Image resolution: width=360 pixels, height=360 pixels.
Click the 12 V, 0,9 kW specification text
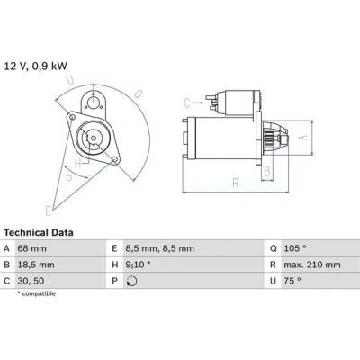[35, 66]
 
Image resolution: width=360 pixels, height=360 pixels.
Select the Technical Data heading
[39, 232]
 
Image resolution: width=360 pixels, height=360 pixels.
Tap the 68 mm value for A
[32, 248]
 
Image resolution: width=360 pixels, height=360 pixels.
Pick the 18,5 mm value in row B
[36, 265]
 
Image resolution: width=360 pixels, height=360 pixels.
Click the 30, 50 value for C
[31, 281]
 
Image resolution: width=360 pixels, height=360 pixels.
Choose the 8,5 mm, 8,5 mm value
[160, 248]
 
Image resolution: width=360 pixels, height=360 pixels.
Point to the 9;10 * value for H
[139, 265]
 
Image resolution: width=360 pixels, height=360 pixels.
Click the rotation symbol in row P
[132, 281]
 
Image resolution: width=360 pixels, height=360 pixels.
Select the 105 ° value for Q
[295, 248]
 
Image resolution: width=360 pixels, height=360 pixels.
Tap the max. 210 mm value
[312, 265]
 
